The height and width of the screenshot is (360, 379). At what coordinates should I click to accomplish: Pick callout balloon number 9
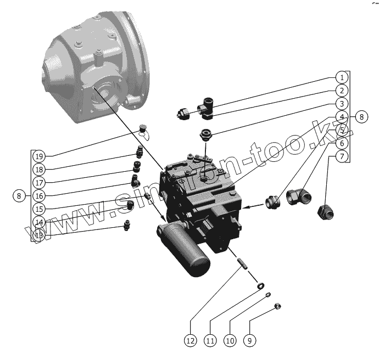[x=249, y=341]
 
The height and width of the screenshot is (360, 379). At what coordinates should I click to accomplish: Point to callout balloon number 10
[x=230, y=341]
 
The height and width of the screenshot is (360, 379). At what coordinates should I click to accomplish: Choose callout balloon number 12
[x=190, y=341]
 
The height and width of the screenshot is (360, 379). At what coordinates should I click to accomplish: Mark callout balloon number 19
[x=38, y=155]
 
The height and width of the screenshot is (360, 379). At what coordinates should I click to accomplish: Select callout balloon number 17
[x=38, y=182]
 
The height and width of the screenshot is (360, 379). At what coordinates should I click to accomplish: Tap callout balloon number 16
[x=38, y=195]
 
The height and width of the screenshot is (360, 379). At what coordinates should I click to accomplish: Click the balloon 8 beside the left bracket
[x=19, y=195]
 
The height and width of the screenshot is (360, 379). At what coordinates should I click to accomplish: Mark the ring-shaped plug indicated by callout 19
[x=144, y=128]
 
